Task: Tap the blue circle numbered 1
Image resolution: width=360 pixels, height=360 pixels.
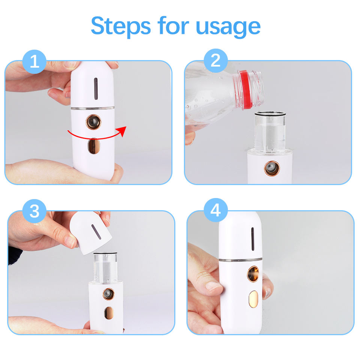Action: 34,61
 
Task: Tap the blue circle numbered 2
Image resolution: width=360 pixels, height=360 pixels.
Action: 216,61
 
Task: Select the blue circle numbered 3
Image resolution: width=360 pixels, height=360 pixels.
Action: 34,211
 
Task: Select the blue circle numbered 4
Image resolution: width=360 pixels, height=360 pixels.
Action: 216,210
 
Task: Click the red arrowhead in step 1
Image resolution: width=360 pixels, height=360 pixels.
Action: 122,131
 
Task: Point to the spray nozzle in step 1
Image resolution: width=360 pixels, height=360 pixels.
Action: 93,121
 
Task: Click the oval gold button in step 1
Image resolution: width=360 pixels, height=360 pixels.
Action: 94,146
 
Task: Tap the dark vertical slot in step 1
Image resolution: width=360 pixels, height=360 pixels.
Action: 96,88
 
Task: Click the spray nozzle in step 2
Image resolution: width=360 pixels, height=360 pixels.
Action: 272,168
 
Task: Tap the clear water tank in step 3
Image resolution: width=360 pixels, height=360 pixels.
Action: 105,267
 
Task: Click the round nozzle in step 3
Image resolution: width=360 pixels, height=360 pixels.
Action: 108,294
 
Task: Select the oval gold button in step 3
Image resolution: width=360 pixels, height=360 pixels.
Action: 109,313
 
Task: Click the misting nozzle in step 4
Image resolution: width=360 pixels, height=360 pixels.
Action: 253,274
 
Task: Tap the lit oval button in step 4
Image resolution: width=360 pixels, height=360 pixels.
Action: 253,299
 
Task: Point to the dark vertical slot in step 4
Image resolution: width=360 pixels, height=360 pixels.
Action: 252,239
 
